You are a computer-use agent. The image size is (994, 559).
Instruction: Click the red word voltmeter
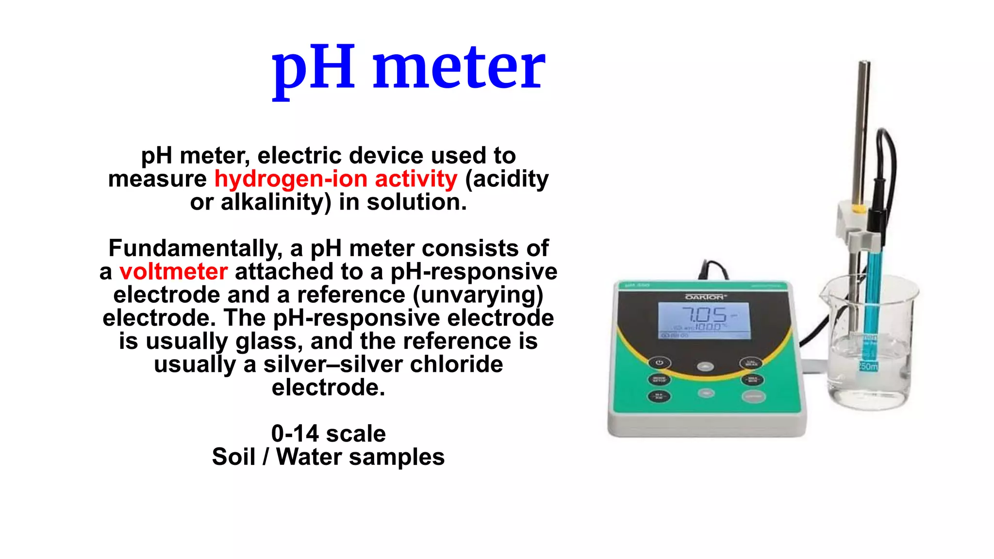point(173,272)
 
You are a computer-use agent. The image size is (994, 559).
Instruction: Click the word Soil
point(233,457)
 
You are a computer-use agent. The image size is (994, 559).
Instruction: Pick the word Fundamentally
point(195,248)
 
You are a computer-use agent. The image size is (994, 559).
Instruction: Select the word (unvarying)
point(478,295)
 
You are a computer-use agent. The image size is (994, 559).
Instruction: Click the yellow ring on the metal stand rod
point(858,209)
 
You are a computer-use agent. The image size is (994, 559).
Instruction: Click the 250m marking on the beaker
point(869,366)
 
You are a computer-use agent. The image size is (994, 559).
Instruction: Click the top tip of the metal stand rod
point(864,63)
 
